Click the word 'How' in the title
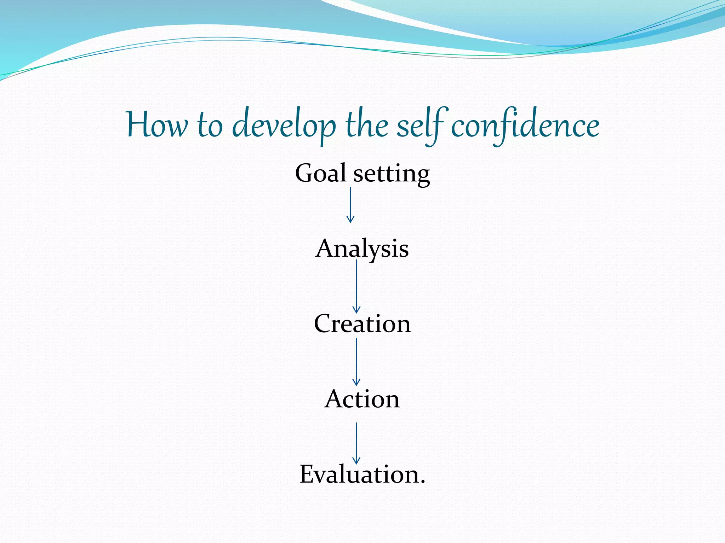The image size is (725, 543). [x=157, y=125]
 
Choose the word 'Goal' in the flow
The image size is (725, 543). [x=320, y=173]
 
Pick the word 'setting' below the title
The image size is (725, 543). [x=392, y=174]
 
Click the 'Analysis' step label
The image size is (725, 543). [x=362, y=249]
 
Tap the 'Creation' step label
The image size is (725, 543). [x=362, y=323]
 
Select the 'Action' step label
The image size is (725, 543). [x=362, y=399]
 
